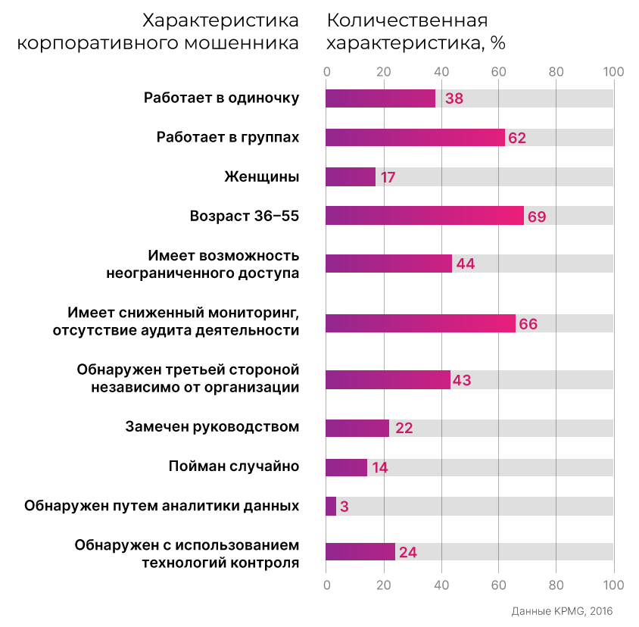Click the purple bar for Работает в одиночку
(380, 98)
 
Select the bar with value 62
(414, 137)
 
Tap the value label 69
(537, 217)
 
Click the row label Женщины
(262, 176)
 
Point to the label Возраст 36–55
(245, 217)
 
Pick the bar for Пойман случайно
(346, 467)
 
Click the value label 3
(344, 507)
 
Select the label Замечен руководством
(212, 427)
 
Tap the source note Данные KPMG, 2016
(561, 611)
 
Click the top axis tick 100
(613, 72)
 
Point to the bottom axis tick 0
(326, 585)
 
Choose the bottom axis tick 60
(498, 585)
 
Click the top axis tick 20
(384, 72)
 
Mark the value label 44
(466, 264)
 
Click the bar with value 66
(420, 323)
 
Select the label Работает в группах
(228, 137)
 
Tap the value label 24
(408, 552)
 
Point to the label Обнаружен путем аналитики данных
(161, 506)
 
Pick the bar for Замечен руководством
(357, 428)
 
